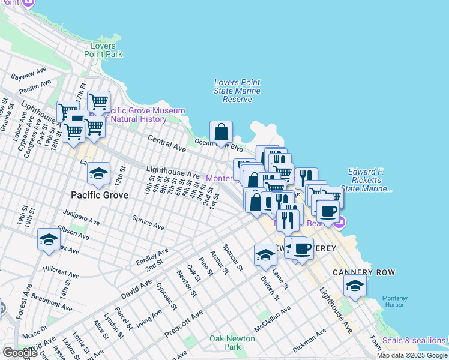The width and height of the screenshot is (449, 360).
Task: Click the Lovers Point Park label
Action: point(106,50)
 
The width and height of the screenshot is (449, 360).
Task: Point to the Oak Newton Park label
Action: point(232,343)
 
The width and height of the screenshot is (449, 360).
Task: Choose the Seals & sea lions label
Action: point(415,341)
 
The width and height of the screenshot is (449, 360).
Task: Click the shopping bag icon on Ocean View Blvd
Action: point(221,131)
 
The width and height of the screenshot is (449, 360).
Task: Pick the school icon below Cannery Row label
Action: point(355,286)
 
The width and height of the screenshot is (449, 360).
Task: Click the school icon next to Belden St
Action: point(265,255)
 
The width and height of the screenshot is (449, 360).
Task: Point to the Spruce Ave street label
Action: point(148,224)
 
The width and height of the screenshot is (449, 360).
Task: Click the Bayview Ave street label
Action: point(29,74)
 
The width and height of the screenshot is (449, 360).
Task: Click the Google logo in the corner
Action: point(19,353)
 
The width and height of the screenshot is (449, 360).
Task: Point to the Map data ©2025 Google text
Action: point(411,355)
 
